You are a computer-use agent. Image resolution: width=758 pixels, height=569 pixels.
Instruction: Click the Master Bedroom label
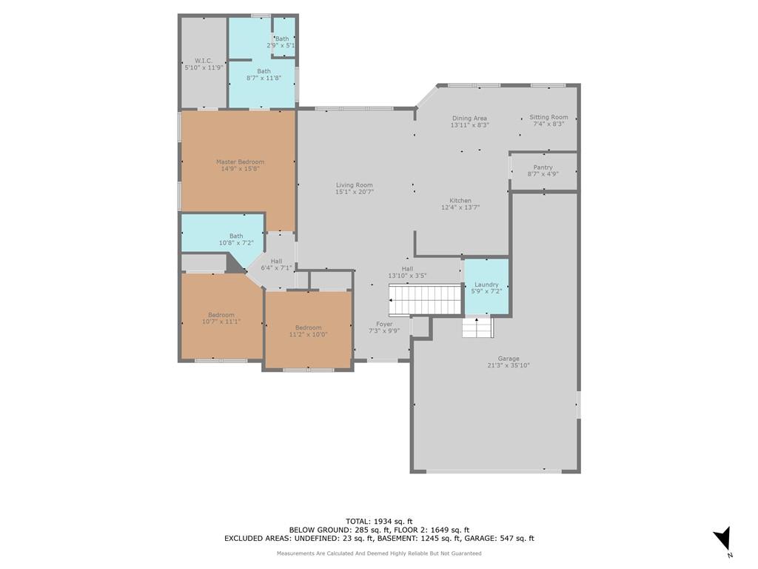click(x=241, y=162)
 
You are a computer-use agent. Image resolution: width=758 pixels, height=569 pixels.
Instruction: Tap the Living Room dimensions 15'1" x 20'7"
click(x=355, y=192)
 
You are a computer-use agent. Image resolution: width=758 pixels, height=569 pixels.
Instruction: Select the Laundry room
click(x=486, y=287)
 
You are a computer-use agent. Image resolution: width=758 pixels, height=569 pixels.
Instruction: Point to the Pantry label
click(x=543, y=167)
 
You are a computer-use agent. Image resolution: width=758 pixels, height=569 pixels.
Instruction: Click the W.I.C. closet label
click(x=204, y=61)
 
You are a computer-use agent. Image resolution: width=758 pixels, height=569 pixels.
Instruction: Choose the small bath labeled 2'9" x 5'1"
click(x=284, y=37)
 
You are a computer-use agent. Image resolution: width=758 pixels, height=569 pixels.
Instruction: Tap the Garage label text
click(x=509, y=359)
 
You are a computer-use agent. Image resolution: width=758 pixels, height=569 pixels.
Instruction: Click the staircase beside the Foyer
click(x=426, y=299)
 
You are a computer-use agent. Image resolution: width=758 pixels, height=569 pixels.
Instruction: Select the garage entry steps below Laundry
click(x=477, y=327)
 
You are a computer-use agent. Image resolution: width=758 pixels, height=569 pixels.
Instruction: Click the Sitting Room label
click(x=549, y=117)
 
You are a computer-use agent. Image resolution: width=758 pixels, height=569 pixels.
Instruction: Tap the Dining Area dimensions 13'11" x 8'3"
click(x=470, y=124)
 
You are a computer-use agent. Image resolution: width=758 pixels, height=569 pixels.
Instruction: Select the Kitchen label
click(x=460, y=200)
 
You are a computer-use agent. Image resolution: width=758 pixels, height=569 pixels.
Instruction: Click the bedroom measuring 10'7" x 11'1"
click(x=221, y=317)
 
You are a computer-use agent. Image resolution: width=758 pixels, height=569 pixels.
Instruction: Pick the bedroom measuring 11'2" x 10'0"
click(x=308, y=330)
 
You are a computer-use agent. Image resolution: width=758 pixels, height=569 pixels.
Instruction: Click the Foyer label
click(x=384, y=325)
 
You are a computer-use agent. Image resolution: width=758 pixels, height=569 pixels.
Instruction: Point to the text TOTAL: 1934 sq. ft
click(x=379, y=521)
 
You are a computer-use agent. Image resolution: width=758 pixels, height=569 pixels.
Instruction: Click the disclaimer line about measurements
click(x=379, y=553)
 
